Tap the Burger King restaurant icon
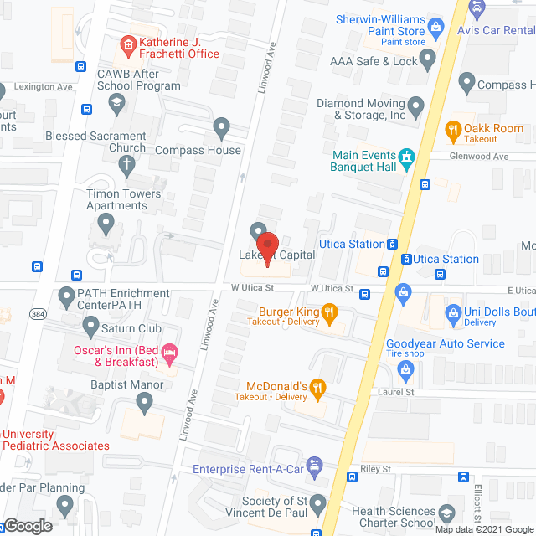[330, 316]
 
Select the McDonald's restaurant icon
[317, 387]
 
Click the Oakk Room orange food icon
[453, 129]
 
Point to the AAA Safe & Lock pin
[428, 59]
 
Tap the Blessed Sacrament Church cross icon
[126, 163]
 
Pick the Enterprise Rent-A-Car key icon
[314, 464]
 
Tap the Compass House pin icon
[221, 127]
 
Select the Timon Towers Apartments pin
[106, 224]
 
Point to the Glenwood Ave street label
[478, 157]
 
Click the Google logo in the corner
[28, 525]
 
